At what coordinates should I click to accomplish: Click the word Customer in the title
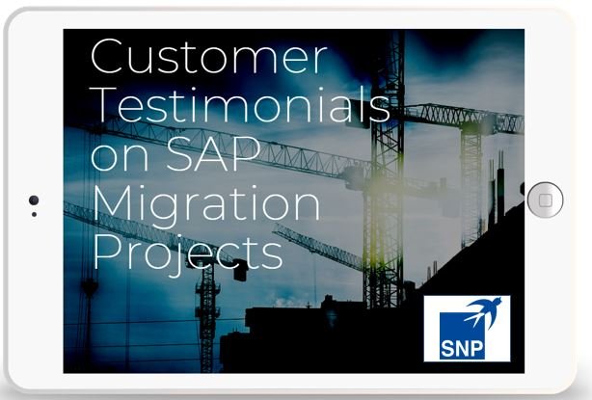click(209, 56)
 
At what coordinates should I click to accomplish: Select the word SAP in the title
click(213, 153)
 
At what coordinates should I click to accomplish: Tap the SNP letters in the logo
click(462, 348)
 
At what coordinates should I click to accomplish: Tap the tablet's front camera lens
click(34, 200)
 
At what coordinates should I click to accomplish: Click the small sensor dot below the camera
click(34, 214)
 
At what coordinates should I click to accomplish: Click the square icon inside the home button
click(545, 200)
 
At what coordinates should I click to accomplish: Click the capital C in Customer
click(109, 56)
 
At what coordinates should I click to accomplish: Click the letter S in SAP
click(179, 153)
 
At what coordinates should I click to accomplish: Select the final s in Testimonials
click(380, 110)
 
